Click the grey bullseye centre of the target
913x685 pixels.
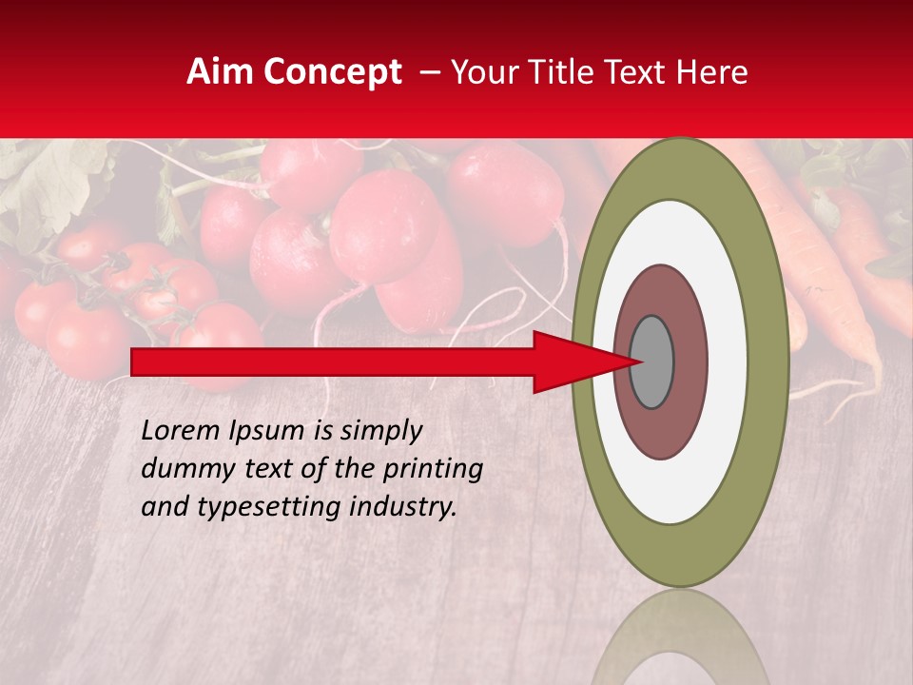[651, 362]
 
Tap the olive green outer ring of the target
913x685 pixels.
[772, 362]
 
